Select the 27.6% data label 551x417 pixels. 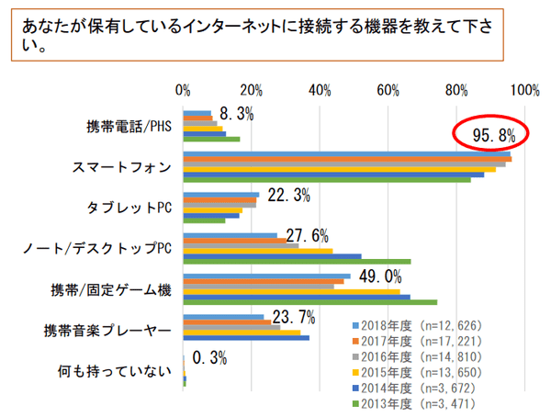click(309, 236)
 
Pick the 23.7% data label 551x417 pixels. click(295, 318)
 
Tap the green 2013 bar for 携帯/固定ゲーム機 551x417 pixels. click(309, 301)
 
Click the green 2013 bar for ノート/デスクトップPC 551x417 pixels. click(297, 262)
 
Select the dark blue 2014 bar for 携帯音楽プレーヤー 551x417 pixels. click(246, 338)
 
